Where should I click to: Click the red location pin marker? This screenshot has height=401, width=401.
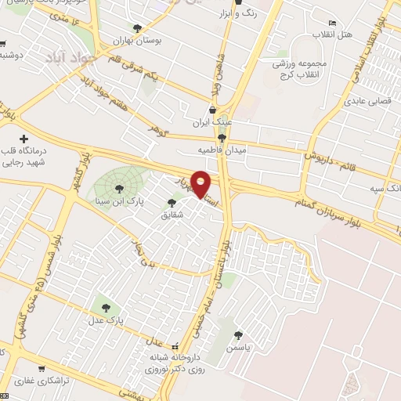[201, 183]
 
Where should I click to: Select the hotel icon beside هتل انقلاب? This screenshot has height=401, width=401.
[333, 23]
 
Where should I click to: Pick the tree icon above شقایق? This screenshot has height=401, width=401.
[172, 203]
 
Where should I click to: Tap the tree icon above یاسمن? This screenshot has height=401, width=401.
[238, 334]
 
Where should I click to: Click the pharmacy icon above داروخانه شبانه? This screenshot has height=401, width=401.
[175, 345]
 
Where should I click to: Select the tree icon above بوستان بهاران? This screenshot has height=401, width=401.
[138, 28]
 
